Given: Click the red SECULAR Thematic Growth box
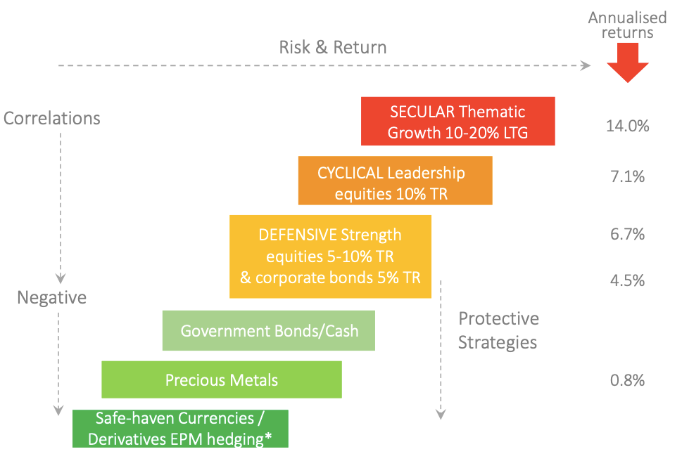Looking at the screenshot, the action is (x=458, y=121).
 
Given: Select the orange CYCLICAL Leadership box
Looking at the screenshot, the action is (x=396, y=180).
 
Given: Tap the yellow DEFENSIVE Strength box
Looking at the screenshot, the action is (x=331, y=256).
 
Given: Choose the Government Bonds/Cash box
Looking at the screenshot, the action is (x=269, y=330).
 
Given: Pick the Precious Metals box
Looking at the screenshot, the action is (x=222, y=379).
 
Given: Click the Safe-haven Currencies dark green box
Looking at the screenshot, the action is (x=180, y=429).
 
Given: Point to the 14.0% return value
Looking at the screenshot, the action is (x=628, y=126).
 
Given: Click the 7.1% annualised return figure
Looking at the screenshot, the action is (x=628, y=176).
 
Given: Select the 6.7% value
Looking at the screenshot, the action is (x=628, y=235).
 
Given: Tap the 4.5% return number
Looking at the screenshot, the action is (x=628, y=280).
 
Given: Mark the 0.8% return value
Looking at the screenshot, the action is (x=628, y=380).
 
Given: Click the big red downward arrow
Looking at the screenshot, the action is (x=628, y=63).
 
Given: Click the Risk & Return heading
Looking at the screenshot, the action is (x=333, y=47).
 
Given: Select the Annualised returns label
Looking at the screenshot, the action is (x=628, y=25).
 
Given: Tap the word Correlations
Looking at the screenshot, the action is (x=52, y=118).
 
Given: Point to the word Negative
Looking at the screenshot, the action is (x=52, y=297).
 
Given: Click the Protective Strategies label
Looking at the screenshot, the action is (x=498, y=330).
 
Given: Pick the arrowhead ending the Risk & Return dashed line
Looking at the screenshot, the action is (x=586, y=65).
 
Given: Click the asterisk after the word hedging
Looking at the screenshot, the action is (x=268, y=436).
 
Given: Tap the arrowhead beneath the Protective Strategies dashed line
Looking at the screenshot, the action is (x=441, y=415).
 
